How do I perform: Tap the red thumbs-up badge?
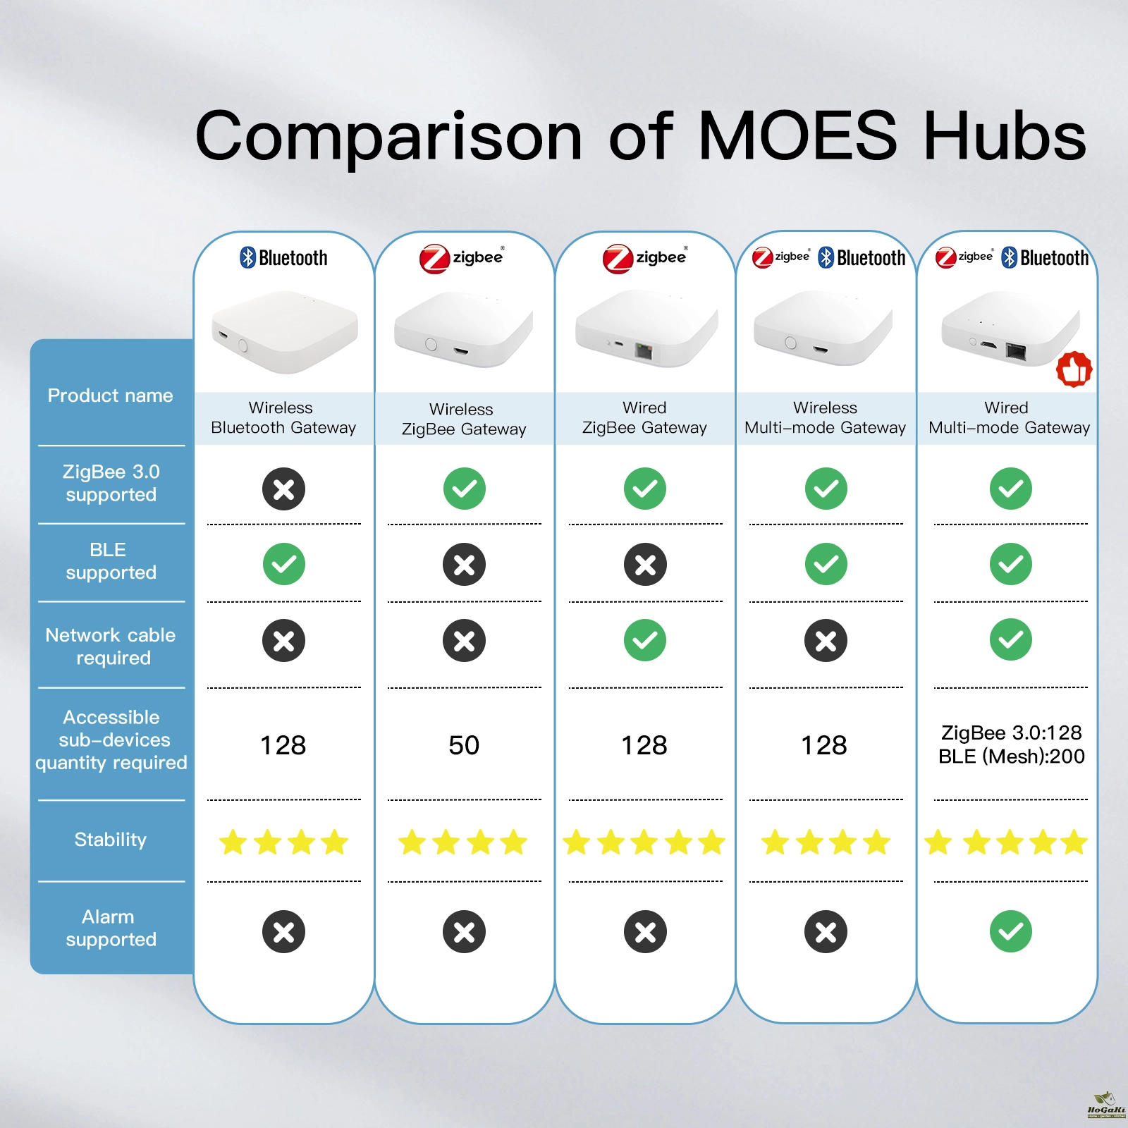pos(1074,369)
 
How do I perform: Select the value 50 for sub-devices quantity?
pos(464,745)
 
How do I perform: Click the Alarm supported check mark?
pos(1010,931)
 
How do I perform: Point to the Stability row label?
pos(111,840)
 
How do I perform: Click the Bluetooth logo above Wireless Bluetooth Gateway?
pos(283,258)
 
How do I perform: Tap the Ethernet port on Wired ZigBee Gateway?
pos(644,351)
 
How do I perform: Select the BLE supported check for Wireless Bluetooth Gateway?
pos(283,564)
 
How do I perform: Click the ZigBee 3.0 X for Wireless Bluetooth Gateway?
pos(283,489)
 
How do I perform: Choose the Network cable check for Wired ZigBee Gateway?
pos(645,640)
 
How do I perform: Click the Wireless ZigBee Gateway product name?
pos(464,419)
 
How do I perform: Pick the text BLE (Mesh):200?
pos(1011,756)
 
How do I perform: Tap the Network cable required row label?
pos(111,646)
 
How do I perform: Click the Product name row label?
pos(110,396)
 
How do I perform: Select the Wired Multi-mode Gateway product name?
pos(1009,417)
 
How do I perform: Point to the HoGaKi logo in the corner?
pos(1106,1105)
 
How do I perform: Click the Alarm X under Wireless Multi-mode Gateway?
pos(826,931)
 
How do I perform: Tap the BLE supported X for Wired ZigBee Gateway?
pos(645,564)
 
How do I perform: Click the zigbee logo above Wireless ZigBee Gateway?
pos(462,258)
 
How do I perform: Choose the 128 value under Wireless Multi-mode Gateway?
pos(824,745)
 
